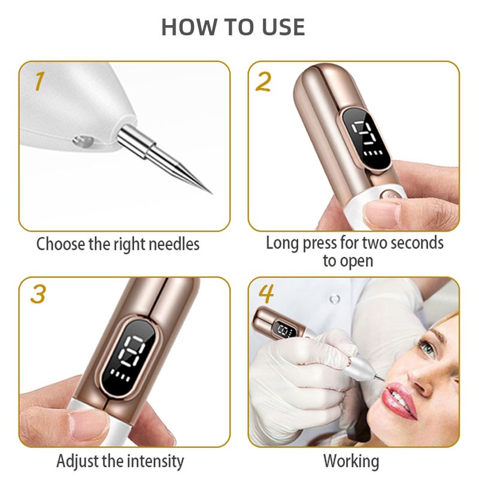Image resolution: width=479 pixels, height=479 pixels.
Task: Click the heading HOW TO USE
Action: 233,27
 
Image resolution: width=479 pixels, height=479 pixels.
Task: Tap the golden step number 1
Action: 39,81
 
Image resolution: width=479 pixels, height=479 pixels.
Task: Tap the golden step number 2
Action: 263,81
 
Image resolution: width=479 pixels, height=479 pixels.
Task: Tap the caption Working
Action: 351,462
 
